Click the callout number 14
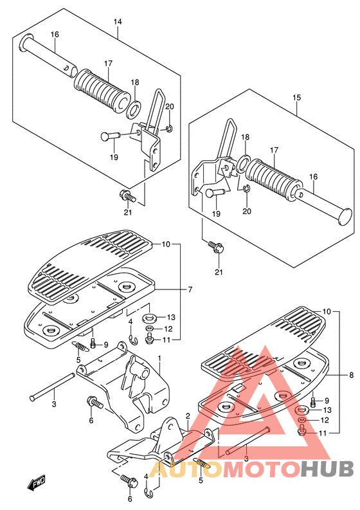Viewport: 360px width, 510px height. click(118, 22)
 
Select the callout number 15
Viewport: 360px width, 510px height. click(296, 97)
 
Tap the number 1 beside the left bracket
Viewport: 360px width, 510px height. click(159, 358)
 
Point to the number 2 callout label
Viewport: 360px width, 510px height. click(188, 415)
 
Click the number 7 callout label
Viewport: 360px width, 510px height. click(190, 289)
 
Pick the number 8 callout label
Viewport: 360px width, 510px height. click(351, 375)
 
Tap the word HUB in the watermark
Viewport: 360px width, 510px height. click(327, 469)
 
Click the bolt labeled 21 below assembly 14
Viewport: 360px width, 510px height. click(127, 196)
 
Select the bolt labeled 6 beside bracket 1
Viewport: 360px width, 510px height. click(94, 403)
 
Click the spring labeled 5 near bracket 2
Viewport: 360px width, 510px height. click(203, 462)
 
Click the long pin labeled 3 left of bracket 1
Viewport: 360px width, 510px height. click(52, 387)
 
